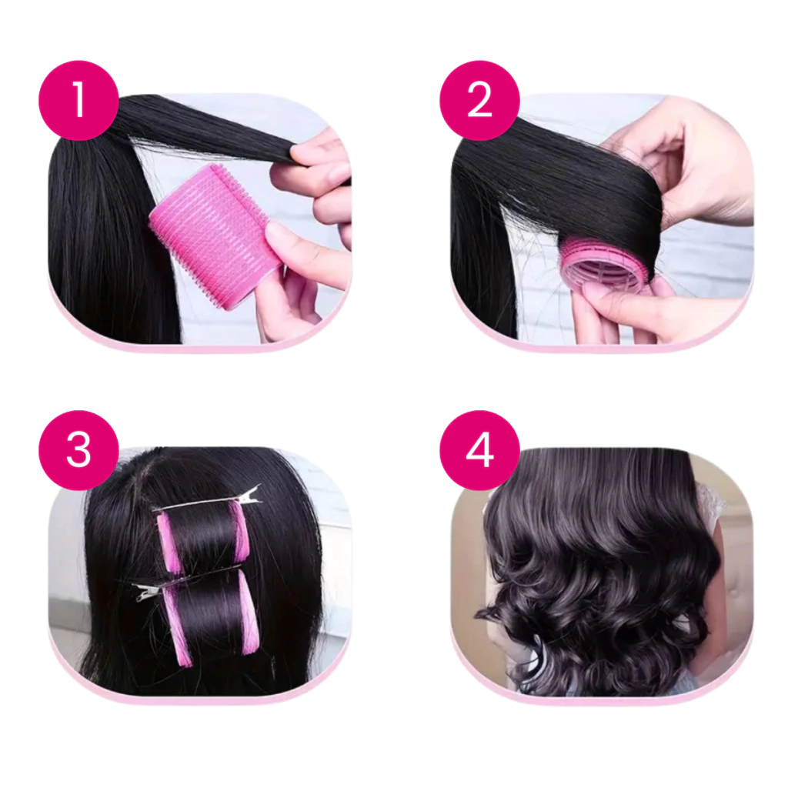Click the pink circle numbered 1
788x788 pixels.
pyautogui.click(x=78, y=100)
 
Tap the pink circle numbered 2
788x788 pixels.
pyautogui.click(x=479, y=100)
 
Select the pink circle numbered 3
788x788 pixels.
pyautogui.click(x=78, y=450)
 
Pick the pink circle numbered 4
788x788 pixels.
pyautogui.click(x=479, y=450)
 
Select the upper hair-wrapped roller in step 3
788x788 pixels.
pyautogui.click(x=203, y=539)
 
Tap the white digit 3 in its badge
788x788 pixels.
pyautogui.click(x=78, y=450)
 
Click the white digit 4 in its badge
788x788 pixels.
pyautogui.click(x=479, y=450)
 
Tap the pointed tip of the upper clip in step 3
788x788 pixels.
pyautogui.click(x=261, y=486)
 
